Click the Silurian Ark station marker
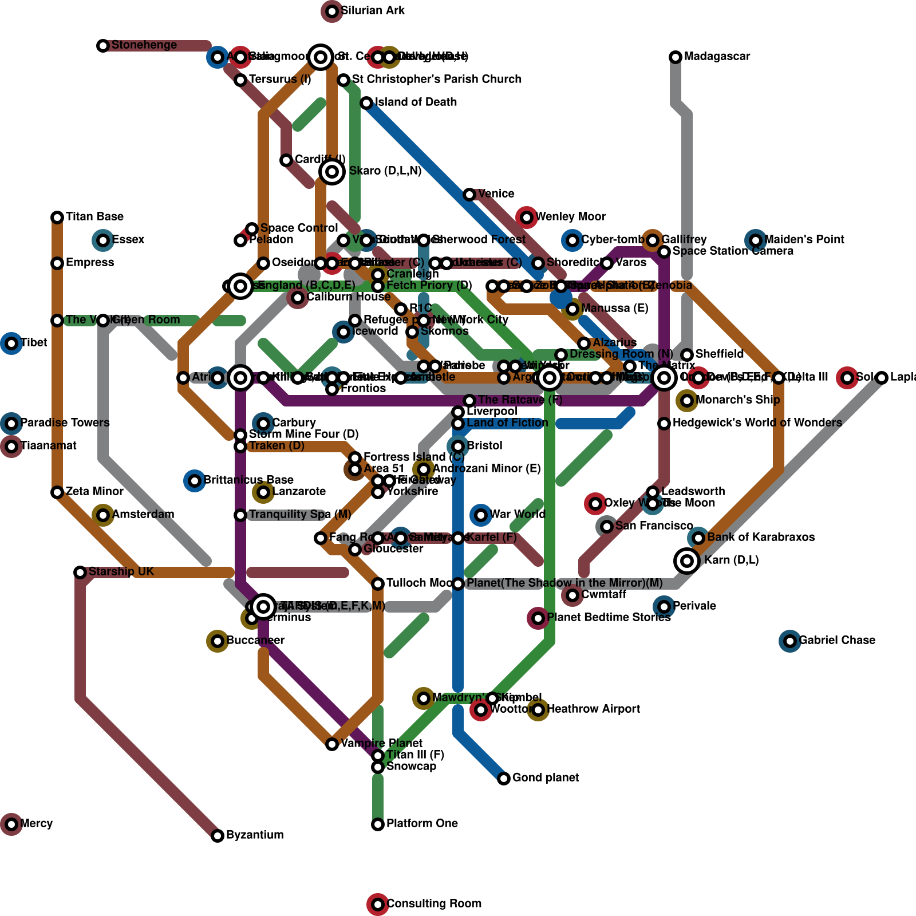pos(332,11)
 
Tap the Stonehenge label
pos(144,45)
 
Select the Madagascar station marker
pos(676,57)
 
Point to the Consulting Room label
pos(433,904)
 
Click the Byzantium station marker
pos(218,836)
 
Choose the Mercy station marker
pos(11,824)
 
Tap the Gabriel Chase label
pos(836,641)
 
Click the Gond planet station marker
pos(504,779)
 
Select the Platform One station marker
pos(378,824)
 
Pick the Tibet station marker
pos(11,343)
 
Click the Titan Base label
pos(94,217)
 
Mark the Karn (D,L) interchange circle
pos(687,561)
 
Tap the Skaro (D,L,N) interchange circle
pos(332,172)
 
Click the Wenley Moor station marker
pos(527,218)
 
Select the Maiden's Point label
pos(804,240)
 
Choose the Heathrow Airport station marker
pos(538,710)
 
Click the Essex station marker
pos(103,240)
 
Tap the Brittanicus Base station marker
pos(195,481)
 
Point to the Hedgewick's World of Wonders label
pos(757,423)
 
